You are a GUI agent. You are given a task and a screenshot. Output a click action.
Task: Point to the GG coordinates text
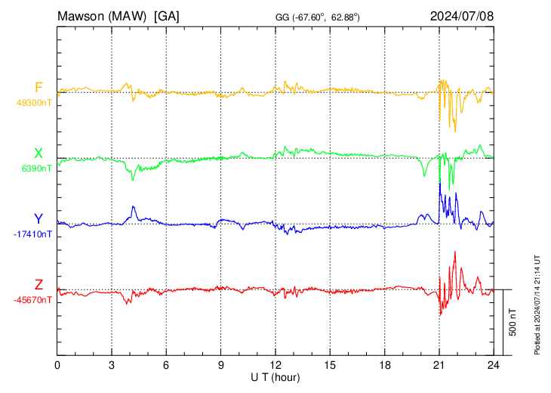point(318,16)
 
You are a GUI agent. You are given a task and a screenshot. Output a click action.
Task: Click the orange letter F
point(38,88)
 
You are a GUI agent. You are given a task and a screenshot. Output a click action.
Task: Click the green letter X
point(38,153)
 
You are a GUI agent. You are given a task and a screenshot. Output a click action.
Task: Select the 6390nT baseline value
point(34,169)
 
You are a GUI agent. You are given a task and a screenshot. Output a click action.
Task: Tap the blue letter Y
point(38,219)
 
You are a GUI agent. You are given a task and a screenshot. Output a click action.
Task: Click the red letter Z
point(38,285)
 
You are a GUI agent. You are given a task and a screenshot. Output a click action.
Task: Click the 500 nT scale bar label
point(513,322)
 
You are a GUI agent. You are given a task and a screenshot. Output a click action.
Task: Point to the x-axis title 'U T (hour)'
point(276,376)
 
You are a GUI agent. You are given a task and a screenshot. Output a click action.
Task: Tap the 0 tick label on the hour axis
point(57,364)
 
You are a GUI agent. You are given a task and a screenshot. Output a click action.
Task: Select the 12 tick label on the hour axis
point(275,364)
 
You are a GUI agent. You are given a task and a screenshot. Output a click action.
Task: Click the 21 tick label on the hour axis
point(439,364)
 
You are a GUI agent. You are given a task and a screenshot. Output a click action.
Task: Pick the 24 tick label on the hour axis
point(494,364)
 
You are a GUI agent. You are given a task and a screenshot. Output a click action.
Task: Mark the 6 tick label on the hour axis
point(167,364)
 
